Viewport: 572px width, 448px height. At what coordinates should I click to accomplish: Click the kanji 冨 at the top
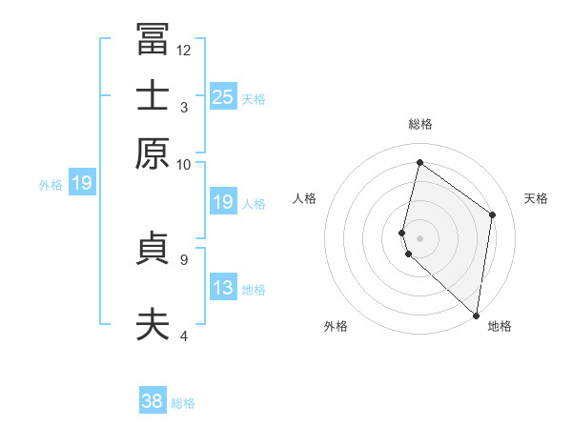pyautogui.click(x=153, y=40)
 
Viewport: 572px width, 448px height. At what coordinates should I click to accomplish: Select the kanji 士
pyautogui.click(x=153, y=95)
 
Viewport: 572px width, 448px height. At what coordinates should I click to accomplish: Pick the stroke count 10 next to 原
pyautogui.click(x=184, y=164)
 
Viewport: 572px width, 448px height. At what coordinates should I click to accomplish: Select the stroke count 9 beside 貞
pyautogui.click(x=184, y=257)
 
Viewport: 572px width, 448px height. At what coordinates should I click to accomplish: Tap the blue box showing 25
pyautogui.click(x=222, y=96)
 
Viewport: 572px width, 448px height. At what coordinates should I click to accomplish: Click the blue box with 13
pyautogui.click(x=222, y=288)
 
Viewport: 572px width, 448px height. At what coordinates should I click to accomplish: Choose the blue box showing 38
pyautogui.click(x=153, y=401)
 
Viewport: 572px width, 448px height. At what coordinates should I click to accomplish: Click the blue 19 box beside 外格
pyautogui.click(x=81, y=183)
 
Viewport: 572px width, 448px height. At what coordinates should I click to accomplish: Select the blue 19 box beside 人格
pyautogui.click(x=222, y=202)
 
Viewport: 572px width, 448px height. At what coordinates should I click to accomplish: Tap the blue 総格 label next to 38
pyautogui.click(x=183, y=403)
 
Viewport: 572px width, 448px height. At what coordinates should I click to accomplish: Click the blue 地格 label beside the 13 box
pyautogui.click(x=254, y=290)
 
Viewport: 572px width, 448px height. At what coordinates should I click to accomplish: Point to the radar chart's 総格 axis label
pyautogui.click(x=420, y=124)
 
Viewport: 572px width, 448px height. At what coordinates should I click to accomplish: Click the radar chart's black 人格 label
pyautogui.click(x=305, y=198)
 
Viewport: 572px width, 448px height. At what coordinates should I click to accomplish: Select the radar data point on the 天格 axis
pyautogui.click(x=493, y=214)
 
